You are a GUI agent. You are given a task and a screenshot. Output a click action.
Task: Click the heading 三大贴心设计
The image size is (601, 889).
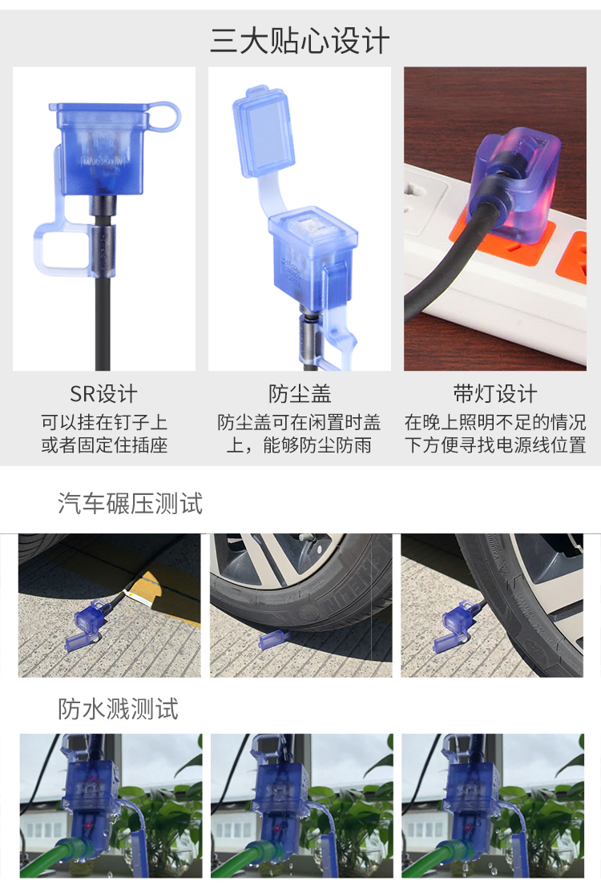point(300,41)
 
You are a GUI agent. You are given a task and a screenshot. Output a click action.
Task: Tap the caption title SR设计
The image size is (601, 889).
point(104,393)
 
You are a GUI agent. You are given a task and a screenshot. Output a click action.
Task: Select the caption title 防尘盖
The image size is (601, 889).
point(300,393)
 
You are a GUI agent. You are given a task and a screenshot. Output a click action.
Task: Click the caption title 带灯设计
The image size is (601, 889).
point(495,393)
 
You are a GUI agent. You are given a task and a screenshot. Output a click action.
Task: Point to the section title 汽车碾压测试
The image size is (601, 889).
point(130,504)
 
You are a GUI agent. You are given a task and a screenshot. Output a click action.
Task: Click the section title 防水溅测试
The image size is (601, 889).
point(118,709)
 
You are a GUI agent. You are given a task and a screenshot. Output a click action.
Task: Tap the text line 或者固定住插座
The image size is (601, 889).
point(104,445)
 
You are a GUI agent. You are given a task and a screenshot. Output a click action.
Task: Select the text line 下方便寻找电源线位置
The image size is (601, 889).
point(495,445)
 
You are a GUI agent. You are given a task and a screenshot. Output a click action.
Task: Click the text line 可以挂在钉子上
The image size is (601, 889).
point(104,422)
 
